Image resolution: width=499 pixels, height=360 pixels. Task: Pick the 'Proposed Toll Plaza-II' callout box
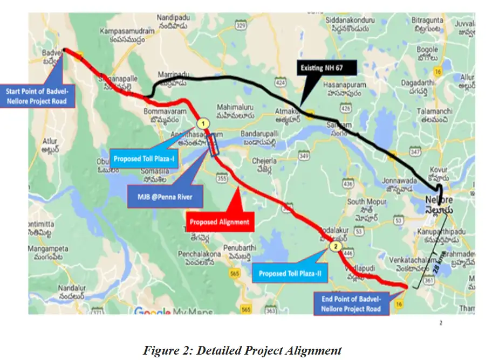[x=290, y=274]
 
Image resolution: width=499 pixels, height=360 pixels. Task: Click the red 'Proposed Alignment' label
[x=220, y=221]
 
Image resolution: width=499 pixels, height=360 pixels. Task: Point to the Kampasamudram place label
[x=127, y=36]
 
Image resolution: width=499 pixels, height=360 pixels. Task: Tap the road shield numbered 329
[x=241, y=25]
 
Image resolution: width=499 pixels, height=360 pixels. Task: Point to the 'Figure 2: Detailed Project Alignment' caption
[x=242, y=350]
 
